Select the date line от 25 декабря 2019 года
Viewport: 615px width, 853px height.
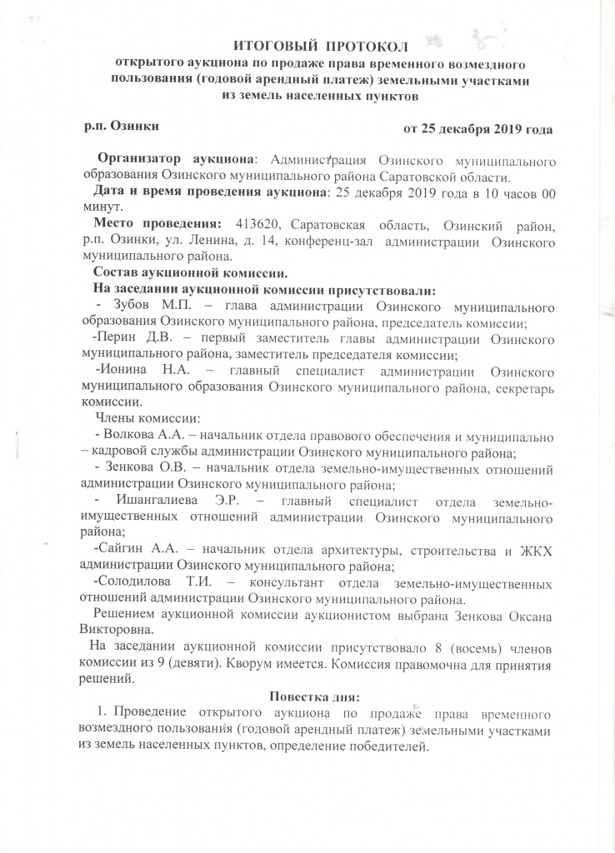[476, 129]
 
